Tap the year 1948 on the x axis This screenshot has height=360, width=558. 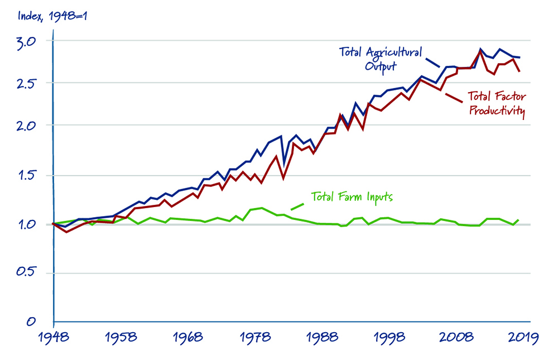(x=54, y=338)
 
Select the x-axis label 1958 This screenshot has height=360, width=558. (x=121, y=338)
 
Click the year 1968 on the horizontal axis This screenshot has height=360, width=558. (x=188, y=338)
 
